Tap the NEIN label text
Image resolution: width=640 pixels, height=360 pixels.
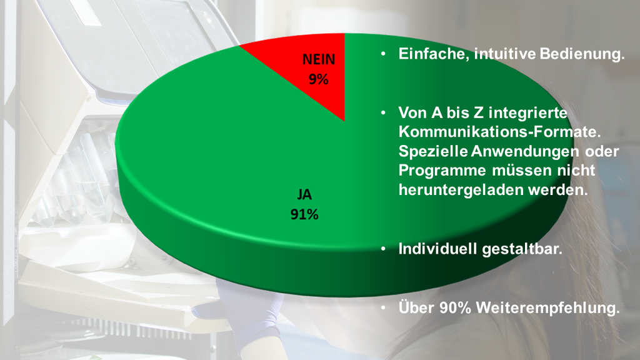pos(319,59)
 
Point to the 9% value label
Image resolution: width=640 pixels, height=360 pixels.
pos(318,79)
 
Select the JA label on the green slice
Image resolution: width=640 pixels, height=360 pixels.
pos(304,195)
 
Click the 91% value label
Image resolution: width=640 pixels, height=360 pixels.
pos(304,214)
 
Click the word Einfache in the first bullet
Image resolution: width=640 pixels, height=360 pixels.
pos(434,54)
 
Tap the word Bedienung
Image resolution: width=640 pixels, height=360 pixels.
pos(582,54)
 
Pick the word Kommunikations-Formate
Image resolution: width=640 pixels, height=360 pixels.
pos(499,132)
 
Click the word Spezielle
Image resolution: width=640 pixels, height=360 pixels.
pos(433,151)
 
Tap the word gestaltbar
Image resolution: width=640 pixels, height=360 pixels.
pos(522,249)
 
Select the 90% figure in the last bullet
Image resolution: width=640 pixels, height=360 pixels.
pos(455,307)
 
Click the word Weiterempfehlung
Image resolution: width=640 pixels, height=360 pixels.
pos(547,307)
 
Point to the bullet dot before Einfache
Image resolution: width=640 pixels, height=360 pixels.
pos(383,54)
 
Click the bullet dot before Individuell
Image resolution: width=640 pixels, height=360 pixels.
pos(383,248)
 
